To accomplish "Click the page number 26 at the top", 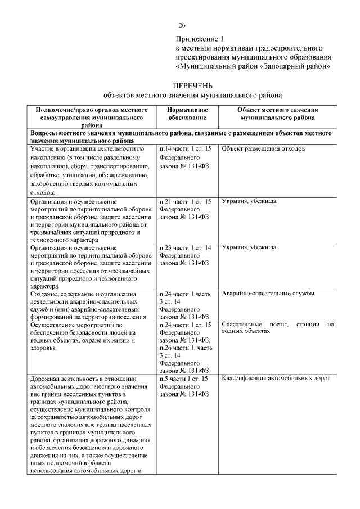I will point(182,26).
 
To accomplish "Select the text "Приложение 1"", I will point(199,39).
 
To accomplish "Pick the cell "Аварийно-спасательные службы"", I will point(268,294).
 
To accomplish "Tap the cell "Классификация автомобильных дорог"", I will point(274,379).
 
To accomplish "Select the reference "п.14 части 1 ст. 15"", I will point(185,149).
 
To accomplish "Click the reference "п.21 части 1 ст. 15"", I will point(185,201).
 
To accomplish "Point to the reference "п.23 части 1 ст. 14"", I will point(185,247).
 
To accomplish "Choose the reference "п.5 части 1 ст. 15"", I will point(183,379).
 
